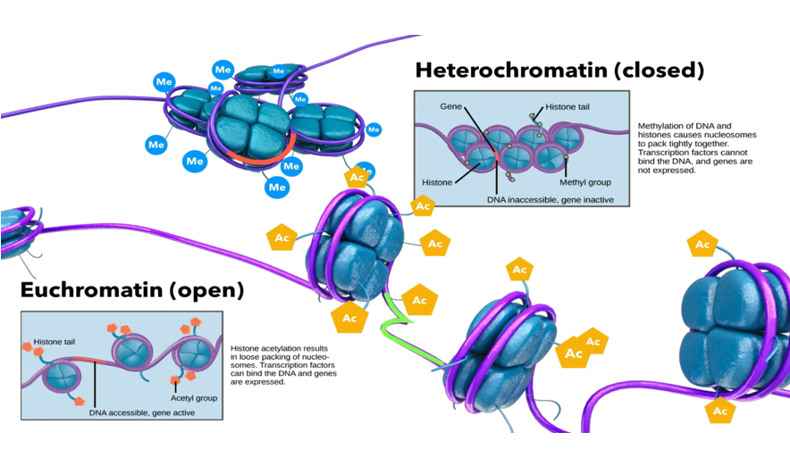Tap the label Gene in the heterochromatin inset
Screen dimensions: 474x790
(x=450, y=105)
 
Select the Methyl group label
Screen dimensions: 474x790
(x=584, y=182)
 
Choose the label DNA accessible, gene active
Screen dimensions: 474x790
(x=144, y=412)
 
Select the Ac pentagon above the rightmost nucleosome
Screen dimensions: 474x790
(x=702, y=245)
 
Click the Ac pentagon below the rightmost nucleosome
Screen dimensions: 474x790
(x=719, y=411)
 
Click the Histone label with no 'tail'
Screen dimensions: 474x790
(x=439, y=181)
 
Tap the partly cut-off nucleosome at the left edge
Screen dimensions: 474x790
(x=15, y=229)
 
